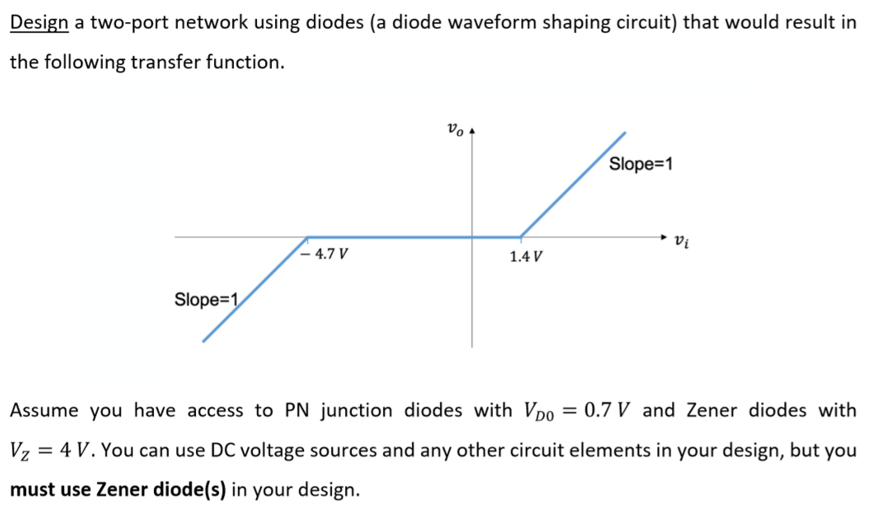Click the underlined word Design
[38, 22]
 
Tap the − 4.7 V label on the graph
[324, 254]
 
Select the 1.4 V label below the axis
[526, 257]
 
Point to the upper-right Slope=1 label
[641, 164]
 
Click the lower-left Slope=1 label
[206, 299]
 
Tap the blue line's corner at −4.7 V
[307, 237]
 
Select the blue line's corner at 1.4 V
[520, 237]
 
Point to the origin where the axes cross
[472, 237]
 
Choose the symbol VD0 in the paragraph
[539, 411]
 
